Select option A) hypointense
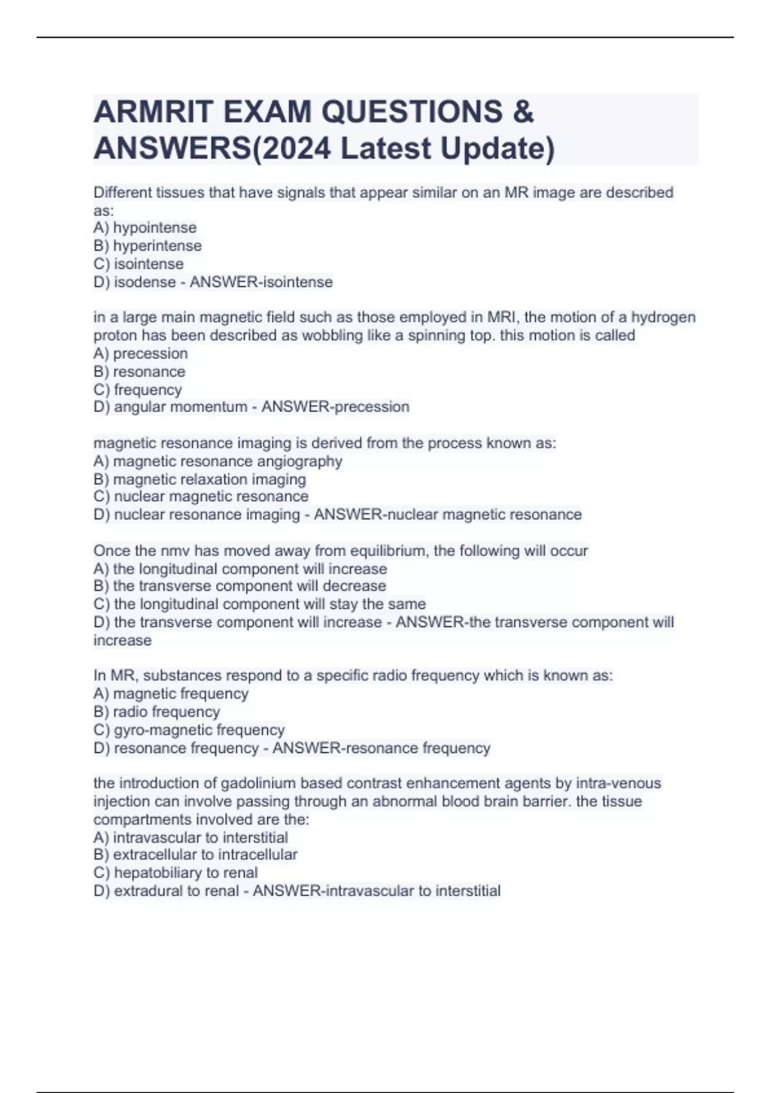tap(145, 228)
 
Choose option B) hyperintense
tap(148, 246)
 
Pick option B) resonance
tap(139, 372)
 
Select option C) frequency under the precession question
tap(137, 390)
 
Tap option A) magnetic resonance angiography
tap(218, 461)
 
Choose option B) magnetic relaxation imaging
tap(200, 479)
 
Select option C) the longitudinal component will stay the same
tap(260, 604)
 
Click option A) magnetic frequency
tap(171, 694)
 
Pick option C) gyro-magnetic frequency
tap(189, 730)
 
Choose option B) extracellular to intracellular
tap(195, 854)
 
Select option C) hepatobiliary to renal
tap(175, 872)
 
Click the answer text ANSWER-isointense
tap(261, 282)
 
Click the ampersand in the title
tap(524, 112)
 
